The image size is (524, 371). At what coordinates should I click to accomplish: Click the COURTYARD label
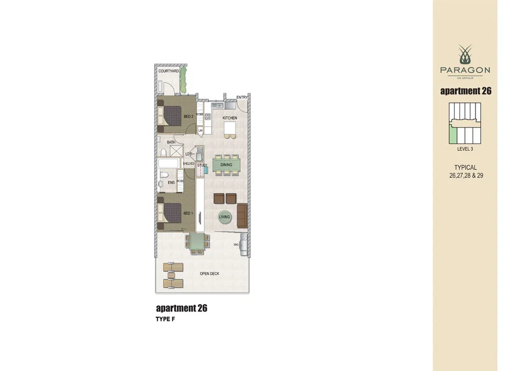click(168, 71)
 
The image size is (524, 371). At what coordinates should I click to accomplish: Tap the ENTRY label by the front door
click(242, 98)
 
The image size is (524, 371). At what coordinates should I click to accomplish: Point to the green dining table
click(226, 165)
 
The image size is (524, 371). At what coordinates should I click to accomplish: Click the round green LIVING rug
click(224, 217)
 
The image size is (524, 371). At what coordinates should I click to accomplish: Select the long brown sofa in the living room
click(242, 215)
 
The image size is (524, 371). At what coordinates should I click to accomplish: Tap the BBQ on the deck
click(243, 243)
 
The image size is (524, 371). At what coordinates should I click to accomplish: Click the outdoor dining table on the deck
click(197, 241)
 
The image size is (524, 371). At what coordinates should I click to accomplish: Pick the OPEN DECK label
click(210, 274)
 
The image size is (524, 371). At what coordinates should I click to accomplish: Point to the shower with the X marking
click(177, 151)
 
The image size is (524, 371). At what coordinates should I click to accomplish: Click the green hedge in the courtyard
click(189, 79)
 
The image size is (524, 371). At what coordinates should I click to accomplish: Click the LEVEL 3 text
click(465, 149)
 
